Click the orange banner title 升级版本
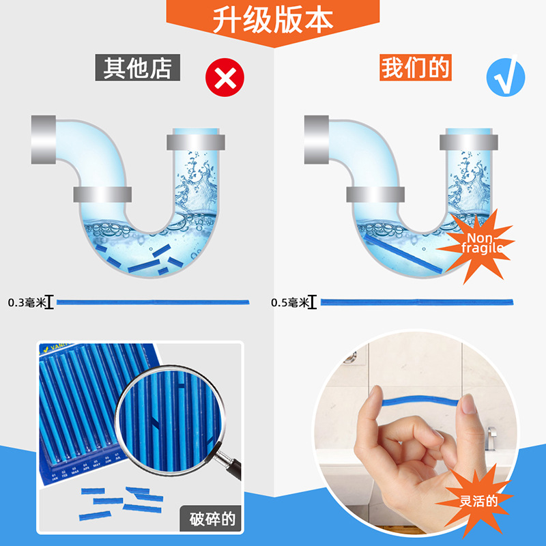click(273, 21)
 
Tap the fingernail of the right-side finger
click(468, 406)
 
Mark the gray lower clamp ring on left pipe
click(102, 194)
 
